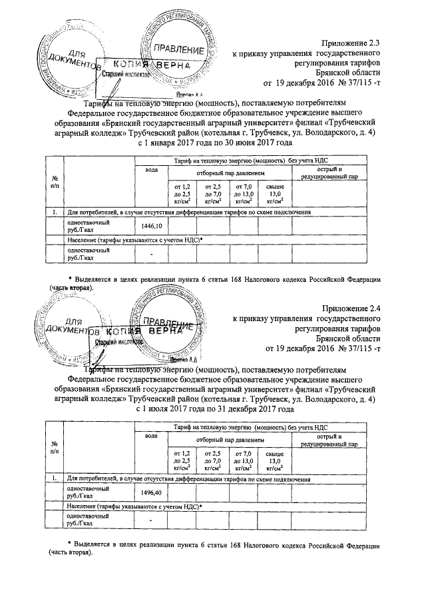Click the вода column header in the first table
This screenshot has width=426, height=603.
(151, 171)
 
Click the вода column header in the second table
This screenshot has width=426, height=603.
(151, 435)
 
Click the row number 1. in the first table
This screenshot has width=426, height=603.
(54, 212)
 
